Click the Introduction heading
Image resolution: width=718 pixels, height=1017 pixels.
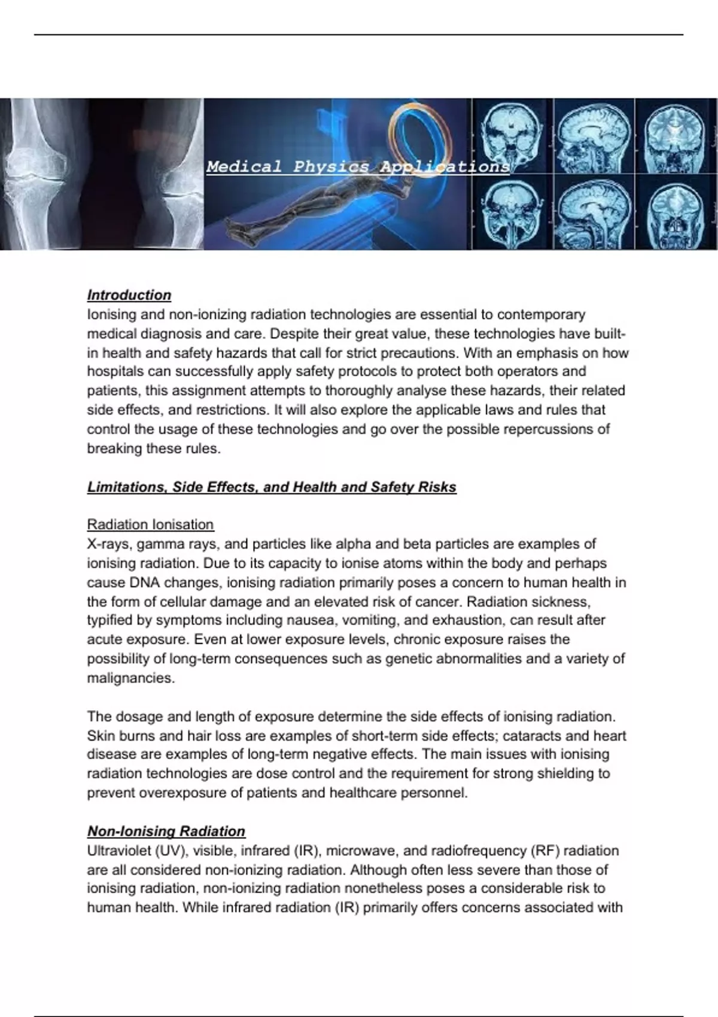point(129,295)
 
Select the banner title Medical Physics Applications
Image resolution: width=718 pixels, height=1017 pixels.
point(358,166)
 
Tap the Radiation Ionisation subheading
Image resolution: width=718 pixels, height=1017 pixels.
point(150,525)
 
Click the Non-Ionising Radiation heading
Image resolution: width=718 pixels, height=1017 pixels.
point(166,831)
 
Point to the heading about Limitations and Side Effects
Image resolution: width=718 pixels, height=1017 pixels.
point(272,487)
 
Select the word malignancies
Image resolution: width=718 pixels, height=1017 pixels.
point(130,678)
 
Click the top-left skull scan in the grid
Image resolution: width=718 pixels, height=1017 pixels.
point(512,136)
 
